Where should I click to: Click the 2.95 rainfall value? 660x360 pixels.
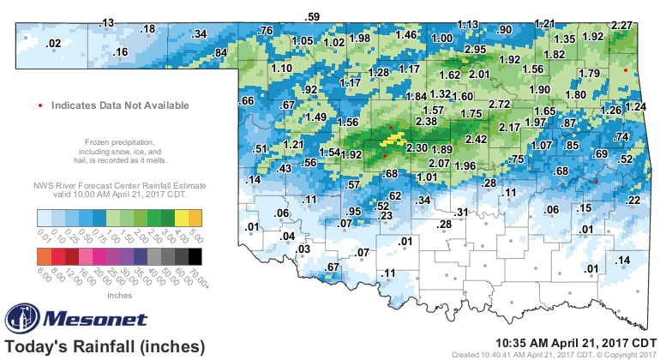(475, 50)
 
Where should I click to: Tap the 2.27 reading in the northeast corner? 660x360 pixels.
(622, 26)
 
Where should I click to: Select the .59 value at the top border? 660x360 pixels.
(313, 16)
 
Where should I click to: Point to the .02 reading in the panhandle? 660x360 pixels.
(53, 44)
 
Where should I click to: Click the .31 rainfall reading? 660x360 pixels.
(461, 212)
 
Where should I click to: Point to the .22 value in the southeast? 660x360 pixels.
(633, 201)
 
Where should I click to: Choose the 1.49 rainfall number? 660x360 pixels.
(315, 117)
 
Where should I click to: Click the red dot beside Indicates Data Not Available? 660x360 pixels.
(41, 105)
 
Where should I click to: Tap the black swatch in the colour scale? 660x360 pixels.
(195, 255)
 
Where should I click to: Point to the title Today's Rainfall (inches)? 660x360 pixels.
(105, 347)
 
